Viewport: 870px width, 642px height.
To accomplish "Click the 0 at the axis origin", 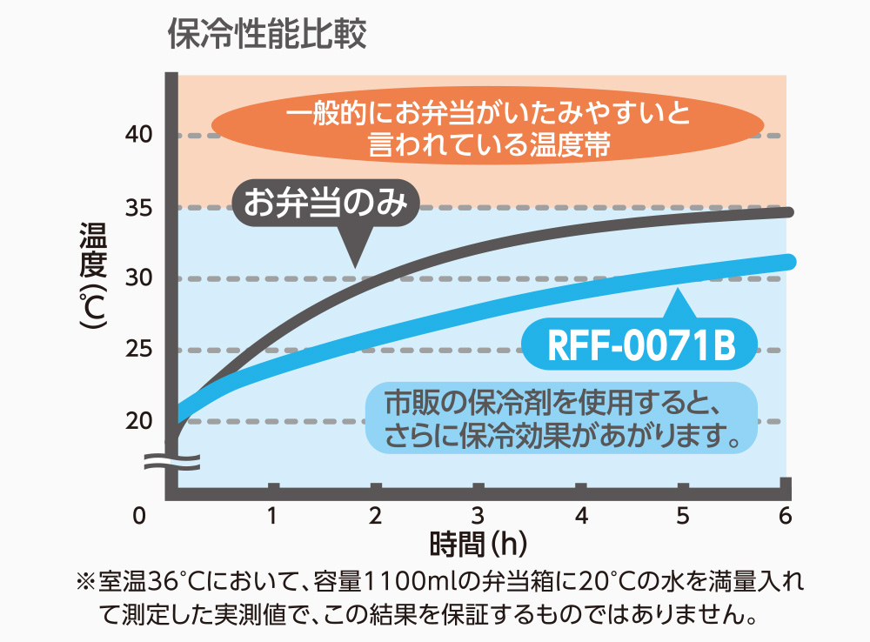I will (140, 517).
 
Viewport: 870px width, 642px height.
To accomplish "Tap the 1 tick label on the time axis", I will (273, 516).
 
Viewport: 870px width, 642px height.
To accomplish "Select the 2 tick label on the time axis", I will (375, 516).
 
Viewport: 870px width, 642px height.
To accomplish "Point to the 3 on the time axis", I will (478, 516).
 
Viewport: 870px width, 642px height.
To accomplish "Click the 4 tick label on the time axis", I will (580, 516).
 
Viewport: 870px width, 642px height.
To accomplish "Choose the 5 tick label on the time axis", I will (683, 516).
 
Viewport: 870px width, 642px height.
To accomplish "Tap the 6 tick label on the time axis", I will (785, 516).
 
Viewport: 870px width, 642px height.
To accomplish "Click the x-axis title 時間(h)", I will (479, 545).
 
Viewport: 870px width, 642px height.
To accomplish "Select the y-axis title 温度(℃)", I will (93, 276).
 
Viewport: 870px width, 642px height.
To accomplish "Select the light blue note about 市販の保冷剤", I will (562, 418).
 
